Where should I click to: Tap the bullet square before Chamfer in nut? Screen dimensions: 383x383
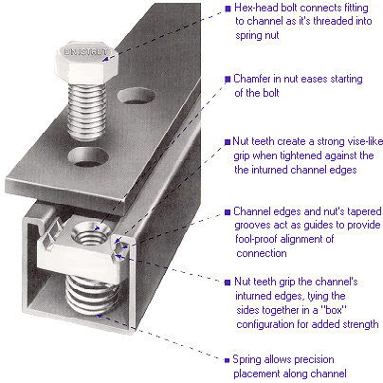tap(228, 78)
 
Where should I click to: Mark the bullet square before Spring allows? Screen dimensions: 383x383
tap(228, 360)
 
